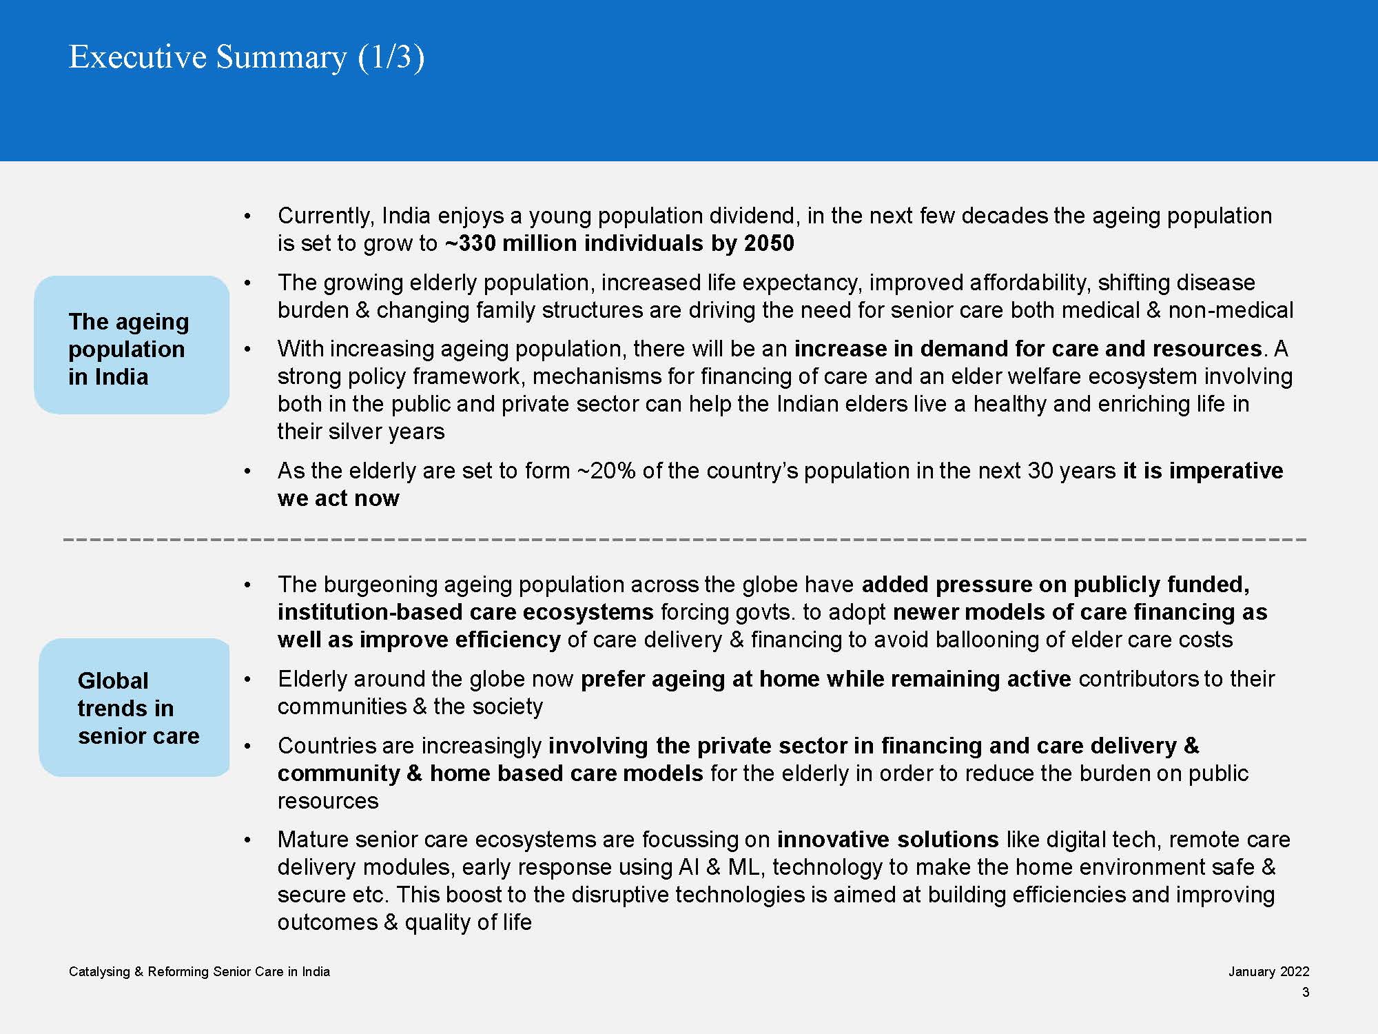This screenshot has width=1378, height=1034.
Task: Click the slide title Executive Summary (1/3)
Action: [x=247, y=57]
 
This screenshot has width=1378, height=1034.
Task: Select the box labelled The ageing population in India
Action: [x=132, y=345]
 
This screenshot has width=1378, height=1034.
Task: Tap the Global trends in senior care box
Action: [x=134, y=708]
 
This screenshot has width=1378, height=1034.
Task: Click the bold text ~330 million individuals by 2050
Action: [x=619, y=243]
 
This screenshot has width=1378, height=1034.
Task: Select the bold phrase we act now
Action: [x=338, y=498]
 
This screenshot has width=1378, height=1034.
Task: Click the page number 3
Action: [x=1305, y=992]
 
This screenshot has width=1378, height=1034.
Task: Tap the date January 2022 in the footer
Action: [x=1268, y=971]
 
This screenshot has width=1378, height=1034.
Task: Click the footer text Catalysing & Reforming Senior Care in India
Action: [x=199, y=971]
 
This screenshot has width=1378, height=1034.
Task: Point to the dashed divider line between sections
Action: [x=685, y=539]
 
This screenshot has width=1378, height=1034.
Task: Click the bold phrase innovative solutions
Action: [x=887, y=840]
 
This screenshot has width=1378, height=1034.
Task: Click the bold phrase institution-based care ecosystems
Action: [x=466, y=612]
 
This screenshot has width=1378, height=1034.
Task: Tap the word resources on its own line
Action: [x=328, y=801]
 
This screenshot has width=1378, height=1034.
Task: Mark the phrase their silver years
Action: [x=361, y=432]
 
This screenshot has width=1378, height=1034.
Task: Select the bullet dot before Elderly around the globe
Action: [x=248, y=680]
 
